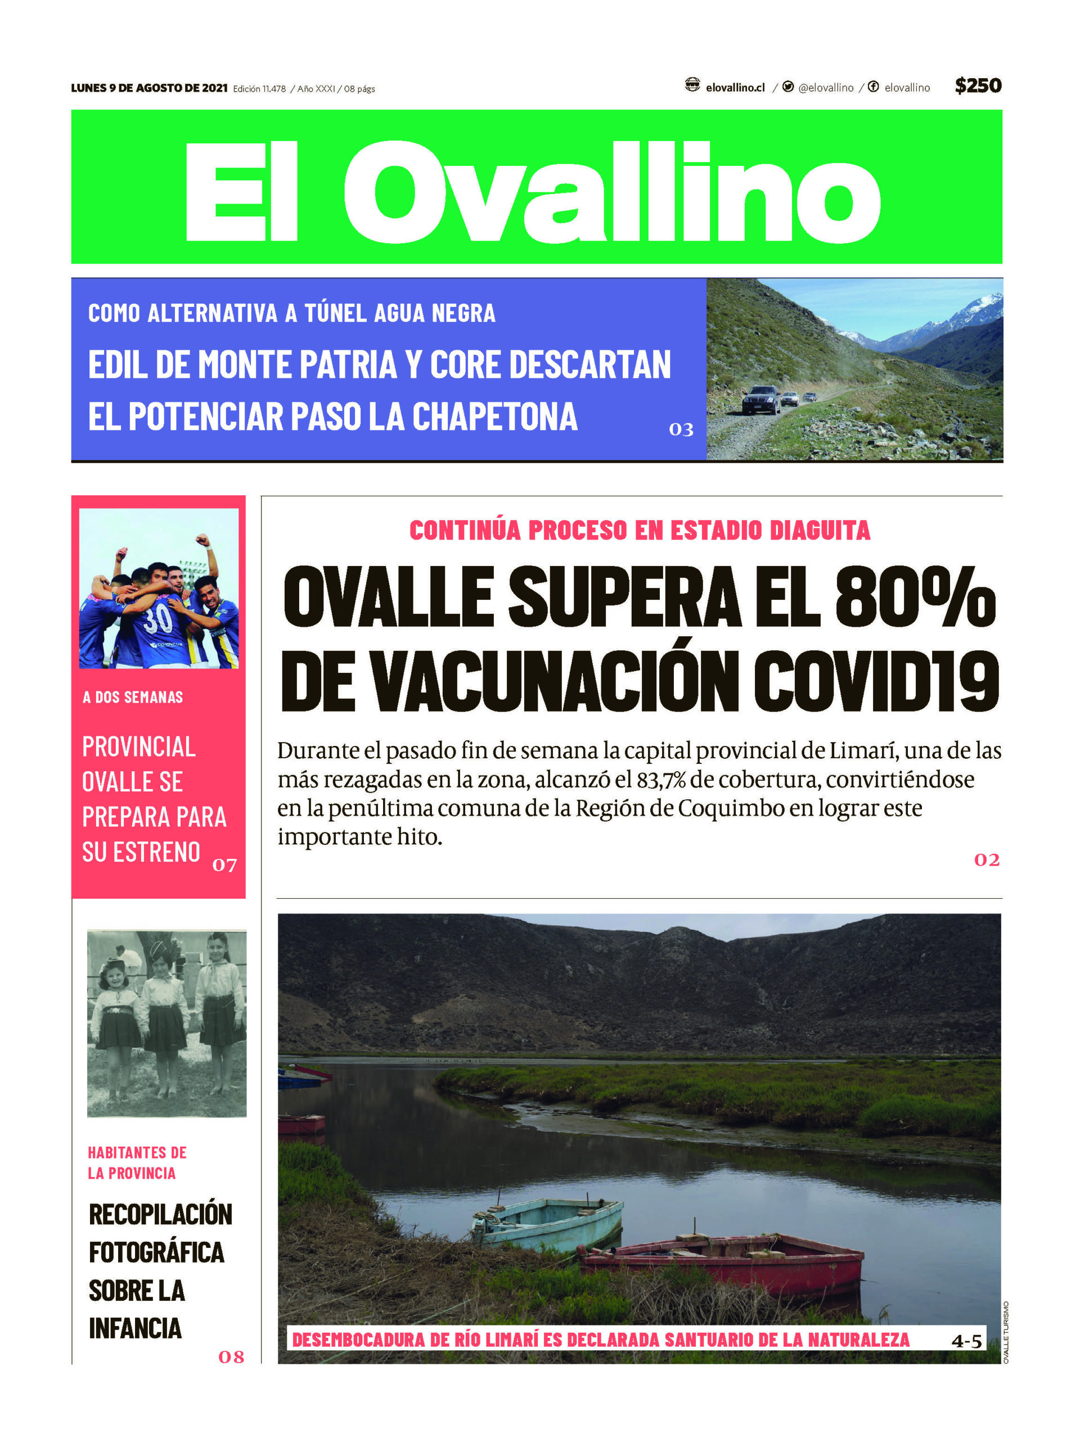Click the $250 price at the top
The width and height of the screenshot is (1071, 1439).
(978, 85)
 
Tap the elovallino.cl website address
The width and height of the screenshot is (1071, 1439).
(735, 88)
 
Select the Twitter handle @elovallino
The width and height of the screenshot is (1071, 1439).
(825, 88)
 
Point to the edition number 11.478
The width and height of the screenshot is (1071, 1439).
(273, 89)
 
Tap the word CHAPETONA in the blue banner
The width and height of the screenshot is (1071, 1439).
(494, 417)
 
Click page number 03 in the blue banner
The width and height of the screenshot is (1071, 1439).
(681, 429)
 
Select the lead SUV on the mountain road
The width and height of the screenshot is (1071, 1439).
(761, 399)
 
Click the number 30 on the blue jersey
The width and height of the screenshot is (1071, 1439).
(157, 620)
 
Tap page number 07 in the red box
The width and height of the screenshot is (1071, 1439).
(224, 865)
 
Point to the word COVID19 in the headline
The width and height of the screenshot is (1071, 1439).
(875, 682)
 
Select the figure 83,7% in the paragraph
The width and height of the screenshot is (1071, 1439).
(660, 780)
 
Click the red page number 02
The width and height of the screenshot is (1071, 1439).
(987, 860)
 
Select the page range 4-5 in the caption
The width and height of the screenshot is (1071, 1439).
(966, 1341)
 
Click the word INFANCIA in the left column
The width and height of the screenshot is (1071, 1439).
(136, 1328)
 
